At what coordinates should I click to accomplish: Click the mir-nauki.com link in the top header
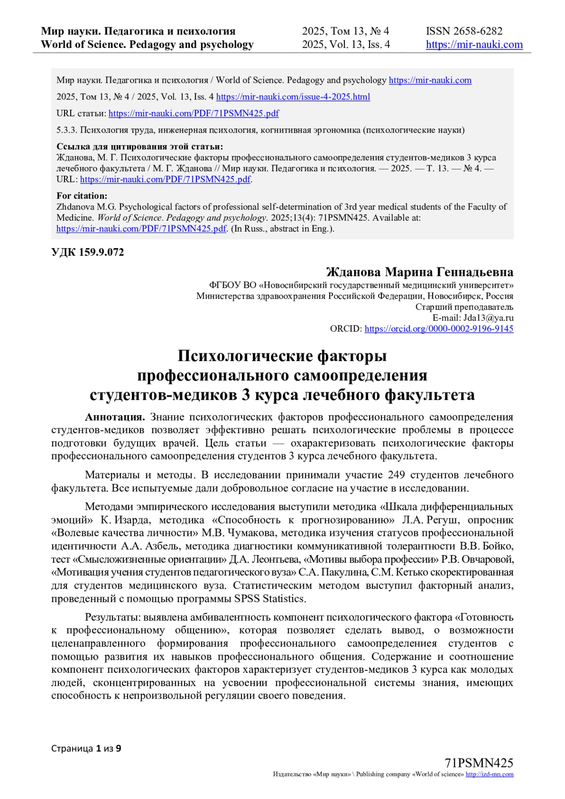tap(474, 45)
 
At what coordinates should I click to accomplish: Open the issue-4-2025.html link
tap(293, 97)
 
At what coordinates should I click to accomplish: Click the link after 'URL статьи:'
tap(194, 113)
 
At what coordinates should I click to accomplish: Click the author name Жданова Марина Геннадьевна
tap(420, 272)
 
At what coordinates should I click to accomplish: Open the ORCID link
tap(439, 329)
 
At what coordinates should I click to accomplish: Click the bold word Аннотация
tap(114, 417)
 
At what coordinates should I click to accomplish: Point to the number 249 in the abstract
tap(396, 475)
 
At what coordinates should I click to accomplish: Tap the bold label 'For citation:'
tap(82, 196)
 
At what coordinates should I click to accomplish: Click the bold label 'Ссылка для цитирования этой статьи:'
tap(140, 146)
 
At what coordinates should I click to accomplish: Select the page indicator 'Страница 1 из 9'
tap(86, 748)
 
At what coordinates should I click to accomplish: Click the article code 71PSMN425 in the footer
tap(479, 763)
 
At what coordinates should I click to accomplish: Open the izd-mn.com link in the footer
tap(489, 774)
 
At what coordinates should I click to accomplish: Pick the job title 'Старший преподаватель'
tap(464, 307)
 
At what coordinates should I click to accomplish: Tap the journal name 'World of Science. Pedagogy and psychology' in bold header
tap(147, 45)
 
